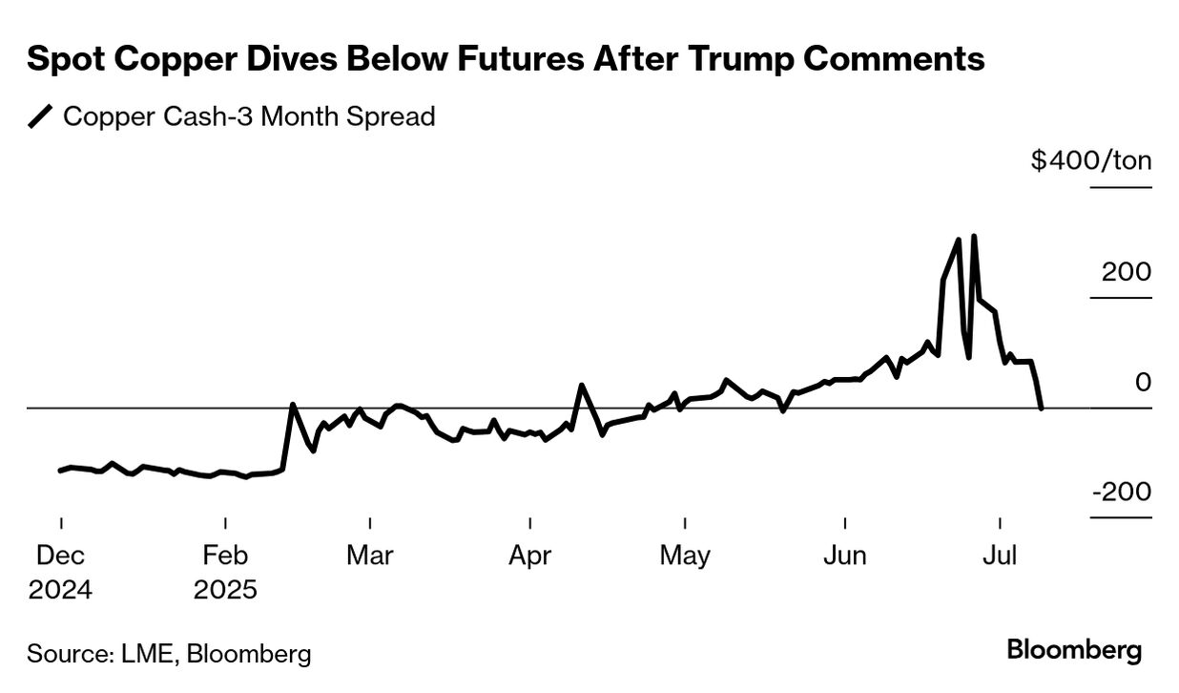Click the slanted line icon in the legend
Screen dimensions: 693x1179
click(41, 117)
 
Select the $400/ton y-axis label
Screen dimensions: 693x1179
click(1090, 159)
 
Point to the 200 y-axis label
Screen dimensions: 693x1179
click(1127, 271)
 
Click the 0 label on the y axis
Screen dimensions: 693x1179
click(1142, 382)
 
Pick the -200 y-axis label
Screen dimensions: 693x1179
click(1121, 492)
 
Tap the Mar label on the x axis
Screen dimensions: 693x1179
click(370, 556)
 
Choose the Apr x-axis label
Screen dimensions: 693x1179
click(529, 556)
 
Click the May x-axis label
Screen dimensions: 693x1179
click(685, 556)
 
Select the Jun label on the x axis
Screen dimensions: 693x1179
click(845, 556)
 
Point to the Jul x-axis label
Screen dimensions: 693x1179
click(999, 556)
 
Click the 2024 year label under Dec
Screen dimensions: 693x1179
click(60, 590)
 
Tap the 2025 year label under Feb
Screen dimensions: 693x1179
click(225, 590)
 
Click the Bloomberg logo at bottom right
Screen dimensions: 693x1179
click(1074, 651)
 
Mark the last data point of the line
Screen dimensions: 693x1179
click(1041, 408)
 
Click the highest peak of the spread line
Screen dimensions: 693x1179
click(973, 236)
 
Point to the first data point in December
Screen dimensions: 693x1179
click(60, 470)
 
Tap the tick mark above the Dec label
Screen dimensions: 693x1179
click(61, 524)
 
